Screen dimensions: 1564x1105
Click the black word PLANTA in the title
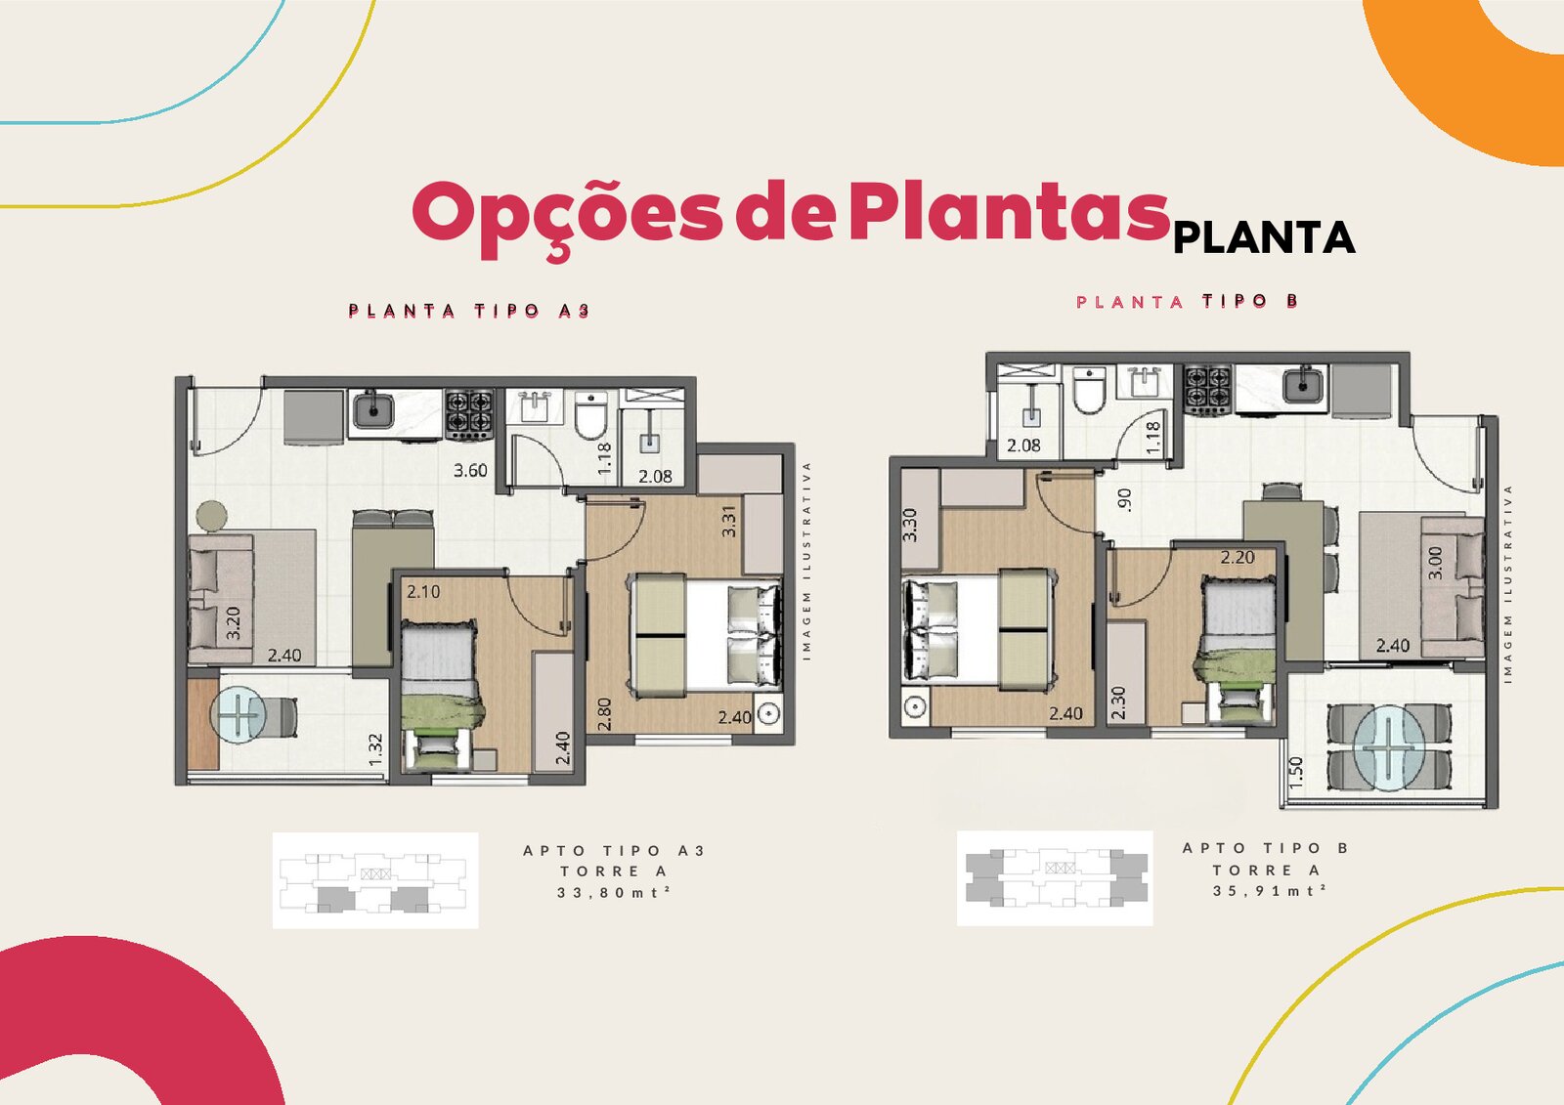1265,238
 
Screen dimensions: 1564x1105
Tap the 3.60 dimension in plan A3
470,471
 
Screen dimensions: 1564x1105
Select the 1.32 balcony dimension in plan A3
375,749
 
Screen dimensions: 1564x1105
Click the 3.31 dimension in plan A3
728,521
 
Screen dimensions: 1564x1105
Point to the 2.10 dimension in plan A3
423,592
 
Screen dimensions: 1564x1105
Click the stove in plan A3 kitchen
469,414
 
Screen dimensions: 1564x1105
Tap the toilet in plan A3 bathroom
590,413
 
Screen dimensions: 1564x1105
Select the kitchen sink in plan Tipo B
1302,385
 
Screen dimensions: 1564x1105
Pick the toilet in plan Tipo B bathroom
1089,390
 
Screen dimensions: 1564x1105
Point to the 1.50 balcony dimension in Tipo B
1296,774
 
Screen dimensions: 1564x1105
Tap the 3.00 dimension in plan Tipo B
1436,563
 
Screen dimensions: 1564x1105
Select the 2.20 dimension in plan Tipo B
1238,558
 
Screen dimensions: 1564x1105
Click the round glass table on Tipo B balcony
1389,746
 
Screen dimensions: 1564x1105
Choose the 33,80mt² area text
614,892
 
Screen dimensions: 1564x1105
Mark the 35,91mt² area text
1270,891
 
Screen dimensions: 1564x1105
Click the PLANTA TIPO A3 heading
469,311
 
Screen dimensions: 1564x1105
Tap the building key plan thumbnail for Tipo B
1055,878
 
